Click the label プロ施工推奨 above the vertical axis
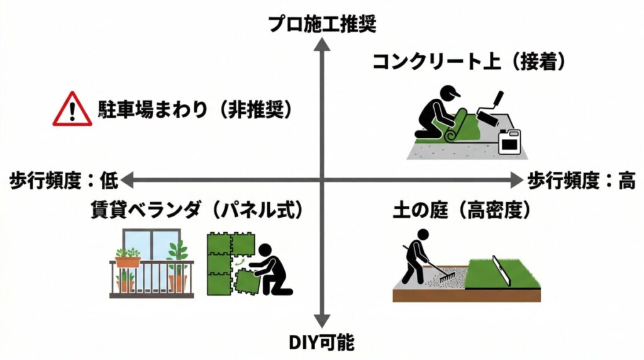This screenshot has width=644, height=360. coord(322,24)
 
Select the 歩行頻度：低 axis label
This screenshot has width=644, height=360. coord(60,181)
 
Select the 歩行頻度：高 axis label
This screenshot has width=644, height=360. coord(580,181)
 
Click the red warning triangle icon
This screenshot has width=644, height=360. coord(72,110)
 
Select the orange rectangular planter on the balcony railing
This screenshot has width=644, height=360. coord(128,260)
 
